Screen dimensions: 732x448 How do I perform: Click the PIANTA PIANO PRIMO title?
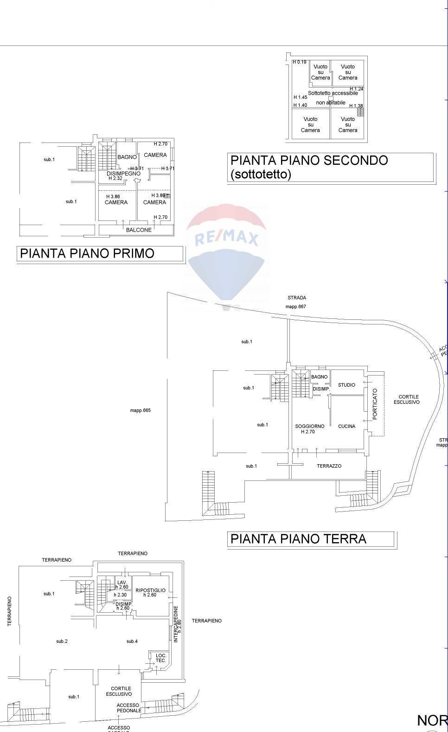(87, 253)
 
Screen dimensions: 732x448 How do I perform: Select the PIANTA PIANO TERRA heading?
(298, 539)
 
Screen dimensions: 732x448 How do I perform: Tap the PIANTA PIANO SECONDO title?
(309, 161)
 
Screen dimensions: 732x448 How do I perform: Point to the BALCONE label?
(139, 230)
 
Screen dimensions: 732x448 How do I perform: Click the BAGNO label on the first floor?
(127, 157)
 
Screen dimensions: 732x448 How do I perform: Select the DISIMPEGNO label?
(123, 174)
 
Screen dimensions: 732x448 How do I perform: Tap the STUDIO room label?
(346, 385)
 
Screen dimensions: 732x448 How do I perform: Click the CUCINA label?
(346, 426)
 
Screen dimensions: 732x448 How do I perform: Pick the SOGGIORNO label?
(310, 426)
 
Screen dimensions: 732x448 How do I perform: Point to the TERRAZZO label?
(329, 466)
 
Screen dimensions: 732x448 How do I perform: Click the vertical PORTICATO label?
(375, 404)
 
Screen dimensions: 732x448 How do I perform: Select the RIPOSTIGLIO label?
(150, 590)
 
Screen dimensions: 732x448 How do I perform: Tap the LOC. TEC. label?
(161, 658)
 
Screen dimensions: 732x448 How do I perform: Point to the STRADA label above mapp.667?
(297, 298)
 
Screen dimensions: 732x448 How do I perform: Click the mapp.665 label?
(140, 410)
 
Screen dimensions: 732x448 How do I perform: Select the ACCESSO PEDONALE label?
(129, 708)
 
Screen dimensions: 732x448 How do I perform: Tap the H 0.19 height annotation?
(299, 62)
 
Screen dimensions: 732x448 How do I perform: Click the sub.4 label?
(132, 641)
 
